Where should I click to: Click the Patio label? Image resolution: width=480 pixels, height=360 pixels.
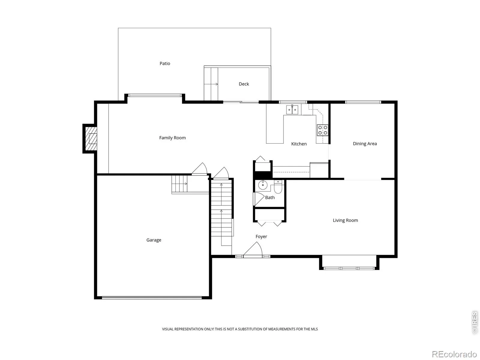(165, 63)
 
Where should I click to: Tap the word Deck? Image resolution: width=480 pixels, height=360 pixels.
(244, 84)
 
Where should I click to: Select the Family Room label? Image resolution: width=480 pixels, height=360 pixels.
(172, 138)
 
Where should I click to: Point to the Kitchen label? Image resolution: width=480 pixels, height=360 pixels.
(299, 144)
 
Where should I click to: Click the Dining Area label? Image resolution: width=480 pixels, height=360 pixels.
(365, 144)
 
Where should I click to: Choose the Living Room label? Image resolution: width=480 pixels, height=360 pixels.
(345, 220)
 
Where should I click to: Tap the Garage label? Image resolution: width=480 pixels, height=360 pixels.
(154, 240)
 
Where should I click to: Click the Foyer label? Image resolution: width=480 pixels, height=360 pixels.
(261, 236)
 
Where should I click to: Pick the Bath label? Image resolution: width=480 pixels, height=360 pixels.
(270, 198)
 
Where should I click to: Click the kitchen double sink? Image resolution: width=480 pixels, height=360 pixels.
(292, 109)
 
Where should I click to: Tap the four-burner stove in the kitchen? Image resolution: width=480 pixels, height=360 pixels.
(322, 130)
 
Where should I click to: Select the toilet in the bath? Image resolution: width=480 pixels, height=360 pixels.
(278, 187)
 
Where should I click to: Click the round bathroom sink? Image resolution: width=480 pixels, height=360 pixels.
(262, 185)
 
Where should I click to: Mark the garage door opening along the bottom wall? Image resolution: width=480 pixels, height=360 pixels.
(152, 298)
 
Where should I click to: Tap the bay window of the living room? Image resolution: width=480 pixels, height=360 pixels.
(349, 268)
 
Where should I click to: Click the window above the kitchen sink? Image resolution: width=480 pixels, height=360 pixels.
(293, 102)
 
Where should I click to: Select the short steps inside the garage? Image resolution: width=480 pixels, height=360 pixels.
(179, 184)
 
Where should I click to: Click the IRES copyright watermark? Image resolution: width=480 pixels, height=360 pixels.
(475, 322)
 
